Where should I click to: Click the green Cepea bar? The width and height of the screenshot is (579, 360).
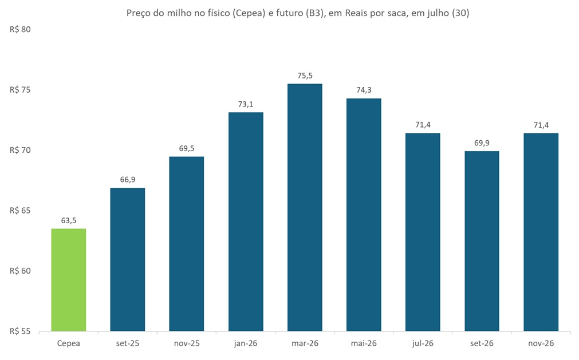point(69,280)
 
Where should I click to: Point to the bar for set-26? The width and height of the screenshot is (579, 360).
point(482,241)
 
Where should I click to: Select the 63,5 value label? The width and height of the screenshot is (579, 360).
point(69,221)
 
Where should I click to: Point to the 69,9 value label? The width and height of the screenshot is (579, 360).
point(482,143)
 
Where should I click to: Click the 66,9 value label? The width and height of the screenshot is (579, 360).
point(127,180)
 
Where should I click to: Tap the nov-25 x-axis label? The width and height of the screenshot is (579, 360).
point(187,343)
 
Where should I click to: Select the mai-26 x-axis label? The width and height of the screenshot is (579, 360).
point(364,343)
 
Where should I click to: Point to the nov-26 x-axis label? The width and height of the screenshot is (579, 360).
point(541,343)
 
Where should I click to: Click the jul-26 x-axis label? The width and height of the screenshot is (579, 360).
point(423,343)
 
